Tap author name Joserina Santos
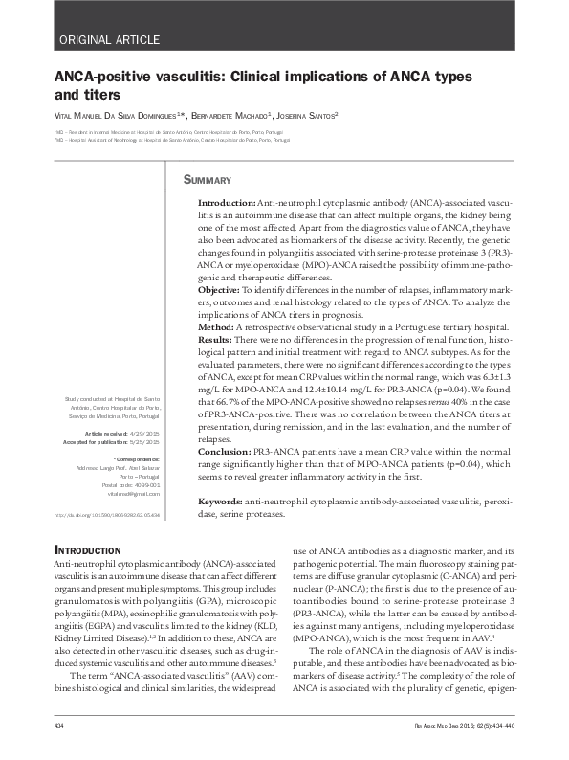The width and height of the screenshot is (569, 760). click(x=306, y=115)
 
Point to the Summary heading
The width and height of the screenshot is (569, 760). click(x=208, y=180)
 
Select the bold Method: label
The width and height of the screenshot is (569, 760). click(x=219, y=327)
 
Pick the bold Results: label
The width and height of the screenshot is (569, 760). click(x=220, y=340)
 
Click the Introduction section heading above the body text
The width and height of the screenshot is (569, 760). click(x=88, y=551)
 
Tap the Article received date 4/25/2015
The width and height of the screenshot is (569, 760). click(x=144, y=434)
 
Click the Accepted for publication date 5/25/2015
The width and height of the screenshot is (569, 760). click(x=144, y=442)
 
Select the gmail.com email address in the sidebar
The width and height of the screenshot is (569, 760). click(x=140, y=495)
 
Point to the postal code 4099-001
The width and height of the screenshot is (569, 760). click(x=143, y=486)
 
